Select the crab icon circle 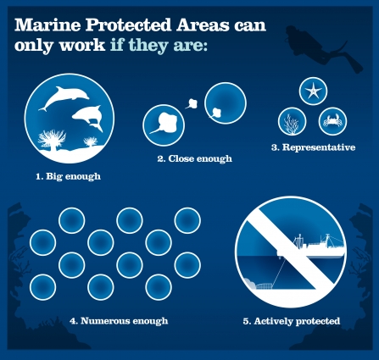click(x=332, y=121)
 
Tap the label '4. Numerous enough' click(x=119, y=321)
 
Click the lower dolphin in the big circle click(x=86, y=115)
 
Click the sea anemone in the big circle click(x=48, y=141)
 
